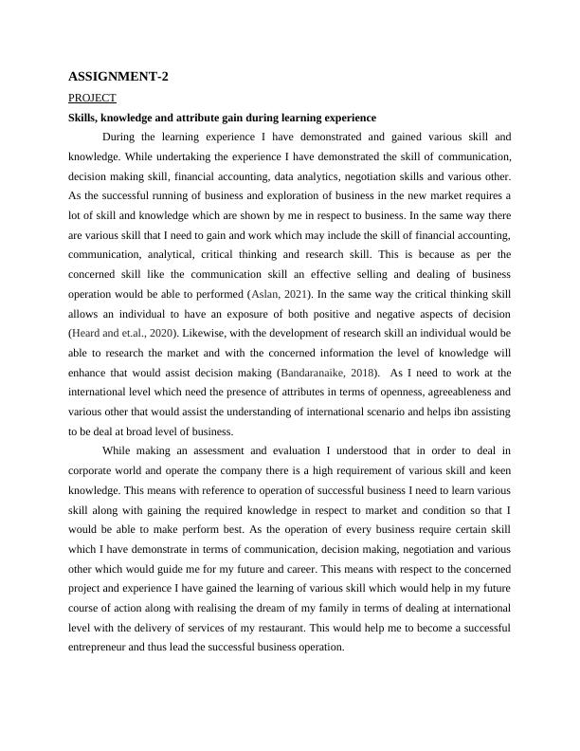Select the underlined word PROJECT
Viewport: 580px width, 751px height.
tap(92, 98)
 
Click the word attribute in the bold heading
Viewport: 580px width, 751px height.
tap(193, 118)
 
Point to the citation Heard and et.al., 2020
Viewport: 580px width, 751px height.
tap(120, 334)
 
